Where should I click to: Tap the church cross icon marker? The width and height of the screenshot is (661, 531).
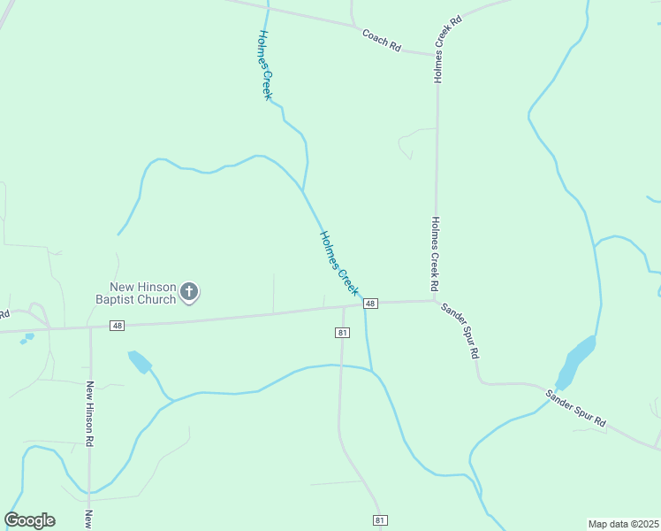189,291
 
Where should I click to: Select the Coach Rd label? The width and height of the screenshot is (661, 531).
382,39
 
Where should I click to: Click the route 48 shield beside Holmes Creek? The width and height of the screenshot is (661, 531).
370,304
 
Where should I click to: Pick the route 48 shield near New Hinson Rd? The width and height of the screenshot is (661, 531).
118,326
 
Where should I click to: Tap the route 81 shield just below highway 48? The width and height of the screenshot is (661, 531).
343,332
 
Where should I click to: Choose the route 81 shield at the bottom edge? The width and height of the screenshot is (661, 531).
379,519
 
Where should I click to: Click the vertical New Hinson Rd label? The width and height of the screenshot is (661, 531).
89,413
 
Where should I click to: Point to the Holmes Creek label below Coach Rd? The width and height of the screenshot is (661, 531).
263,65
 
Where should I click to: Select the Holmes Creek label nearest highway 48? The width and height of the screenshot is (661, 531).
339,263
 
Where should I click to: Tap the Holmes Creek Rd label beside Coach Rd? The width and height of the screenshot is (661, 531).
448,49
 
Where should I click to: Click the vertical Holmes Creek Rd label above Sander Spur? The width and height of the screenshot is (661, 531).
435,255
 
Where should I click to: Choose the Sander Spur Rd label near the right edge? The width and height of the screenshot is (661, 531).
575,408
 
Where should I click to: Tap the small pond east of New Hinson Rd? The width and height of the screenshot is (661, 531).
140,361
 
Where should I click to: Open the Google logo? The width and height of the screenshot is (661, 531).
30,520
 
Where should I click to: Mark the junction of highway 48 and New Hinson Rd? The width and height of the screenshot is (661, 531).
91,327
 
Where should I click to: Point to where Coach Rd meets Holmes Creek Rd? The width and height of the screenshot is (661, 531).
437,55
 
